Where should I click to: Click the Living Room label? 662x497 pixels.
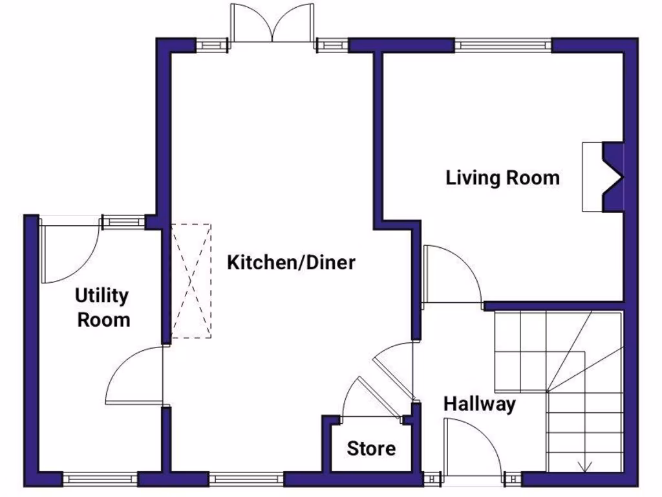[x=502, y=178]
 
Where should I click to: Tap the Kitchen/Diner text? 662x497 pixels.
[x=291, y=263]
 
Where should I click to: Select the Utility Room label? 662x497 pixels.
[x=103, y=307]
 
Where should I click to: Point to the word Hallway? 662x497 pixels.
[x=479, y=404]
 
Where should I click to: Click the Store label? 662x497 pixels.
[x=371, y=448]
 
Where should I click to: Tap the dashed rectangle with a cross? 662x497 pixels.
[x=191, y=281]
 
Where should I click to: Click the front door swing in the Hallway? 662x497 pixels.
[x=472, y=450]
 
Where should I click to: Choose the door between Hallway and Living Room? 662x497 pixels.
[x=451, y=275]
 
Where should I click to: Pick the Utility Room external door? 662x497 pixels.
[x=68, y=252]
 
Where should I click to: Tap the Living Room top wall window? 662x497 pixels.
[x=504, y=45]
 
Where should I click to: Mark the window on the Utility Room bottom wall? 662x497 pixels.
[x=100, y=480]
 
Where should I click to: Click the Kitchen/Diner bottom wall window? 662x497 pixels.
[x=246, y=480]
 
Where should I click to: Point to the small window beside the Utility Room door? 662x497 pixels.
[x=123, y=221]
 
